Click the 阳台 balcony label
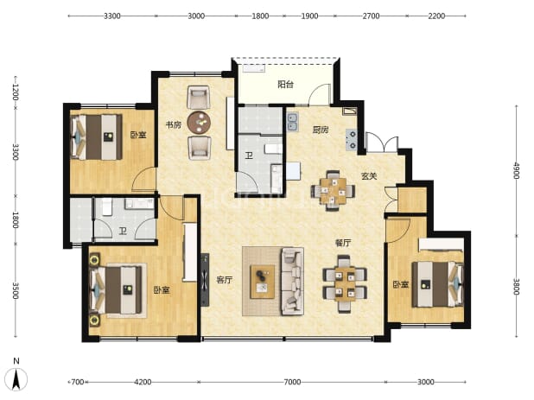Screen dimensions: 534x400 click(285, 85)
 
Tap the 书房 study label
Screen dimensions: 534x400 click(174, 125)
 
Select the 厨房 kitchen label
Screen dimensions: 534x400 click(321, 130)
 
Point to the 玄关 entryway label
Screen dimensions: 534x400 click(369, 176)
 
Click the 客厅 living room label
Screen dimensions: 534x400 click(225, 280)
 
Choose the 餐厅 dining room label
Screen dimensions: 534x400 click(343, 243)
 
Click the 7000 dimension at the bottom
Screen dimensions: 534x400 click(292, 382)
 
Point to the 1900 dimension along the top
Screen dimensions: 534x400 click(309, 16)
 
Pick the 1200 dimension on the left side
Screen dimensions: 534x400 click(16, 92)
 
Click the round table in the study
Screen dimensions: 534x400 click(199, 123)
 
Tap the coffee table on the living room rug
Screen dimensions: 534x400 click(263, 282)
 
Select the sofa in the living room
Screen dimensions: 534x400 click(292, 281)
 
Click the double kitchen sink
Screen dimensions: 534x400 click(292, 123)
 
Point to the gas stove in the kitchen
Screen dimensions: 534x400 click(351, 140)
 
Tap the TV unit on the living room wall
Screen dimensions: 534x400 click(205, 280)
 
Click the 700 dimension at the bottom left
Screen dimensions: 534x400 click(77, 382)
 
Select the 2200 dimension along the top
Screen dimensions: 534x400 click(436, 16)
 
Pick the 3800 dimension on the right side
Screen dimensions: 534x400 click(517, 287)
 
